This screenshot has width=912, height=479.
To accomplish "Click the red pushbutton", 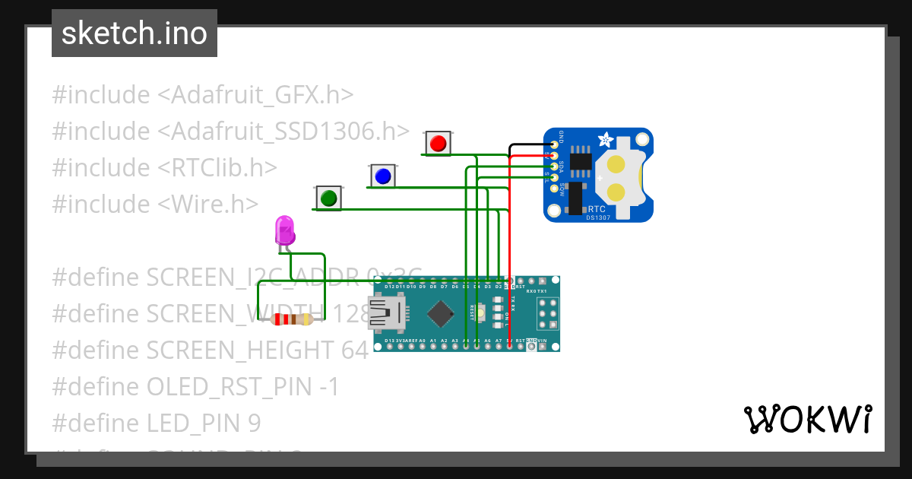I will tap(437, 142).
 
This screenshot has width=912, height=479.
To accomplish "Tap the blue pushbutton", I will tap(382, 176).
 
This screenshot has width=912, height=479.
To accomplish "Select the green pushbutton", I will tap(328, 198).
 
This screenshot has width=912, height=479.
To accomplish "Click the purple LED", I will tap(284, 230).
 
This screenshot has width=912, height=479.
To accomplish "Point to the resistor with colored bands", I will tap(292, 319).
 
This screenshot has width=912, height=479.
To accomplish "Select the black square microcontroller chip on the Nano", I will tap(441, 312).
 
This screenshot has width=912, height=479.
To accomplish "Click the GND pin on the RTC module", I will tap(554, 144).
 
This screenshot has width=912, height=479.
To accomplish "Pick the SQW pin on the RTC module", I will tap(554, 188).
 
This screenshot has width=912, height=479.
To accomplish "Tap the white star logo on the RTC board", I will tap(606, 140).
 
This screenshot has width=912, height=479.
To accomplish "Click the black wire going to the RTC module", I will tap(524, 144).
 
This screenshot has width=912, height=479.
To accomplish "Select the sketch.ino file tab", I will tap(135, 33).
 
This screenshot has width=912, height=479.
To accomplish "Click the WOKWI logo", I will tap(807, 419).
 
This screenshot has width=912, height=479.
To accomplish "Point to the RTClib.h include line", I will tap(164, 167).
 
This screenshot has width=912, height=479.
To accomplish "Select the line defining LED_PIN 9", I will tap(156, 423).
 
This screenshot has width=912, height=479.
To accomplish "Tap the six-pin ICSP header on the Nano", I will tap(547, 312).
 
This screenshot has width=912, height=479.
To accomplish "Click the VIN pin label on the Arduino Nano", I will tap(542, 340).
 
